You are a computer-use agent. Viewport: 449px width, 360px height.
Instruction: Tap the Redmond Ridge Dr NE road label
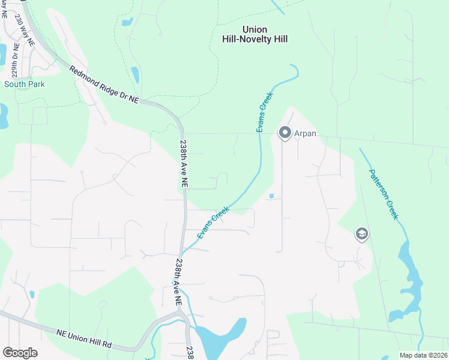coord(104,85)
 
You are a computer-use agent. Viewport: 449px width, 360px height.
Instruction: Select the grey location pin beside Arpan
coord(284,133)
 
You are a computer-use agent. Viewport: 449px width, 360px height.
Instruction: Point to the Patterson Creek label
coord(383,193)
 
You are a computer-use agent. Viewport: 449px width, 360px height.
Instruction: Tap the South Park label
coord(25,84)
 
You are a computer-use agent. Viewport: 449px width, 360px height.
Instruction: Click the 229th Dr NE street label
coord(15,58)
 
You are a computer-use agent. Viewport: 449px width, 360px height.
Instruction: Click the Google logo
coord(20,352)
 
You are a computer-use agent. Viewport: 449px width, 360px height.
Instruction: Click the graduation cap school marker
coord(361,233)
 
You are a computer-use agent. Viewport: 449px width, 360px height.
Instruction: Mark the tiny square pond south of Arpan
coord(272,196)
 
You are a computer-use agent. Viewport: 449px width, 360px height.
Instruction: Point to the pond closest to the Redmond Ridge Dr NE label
coord(134,74)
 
